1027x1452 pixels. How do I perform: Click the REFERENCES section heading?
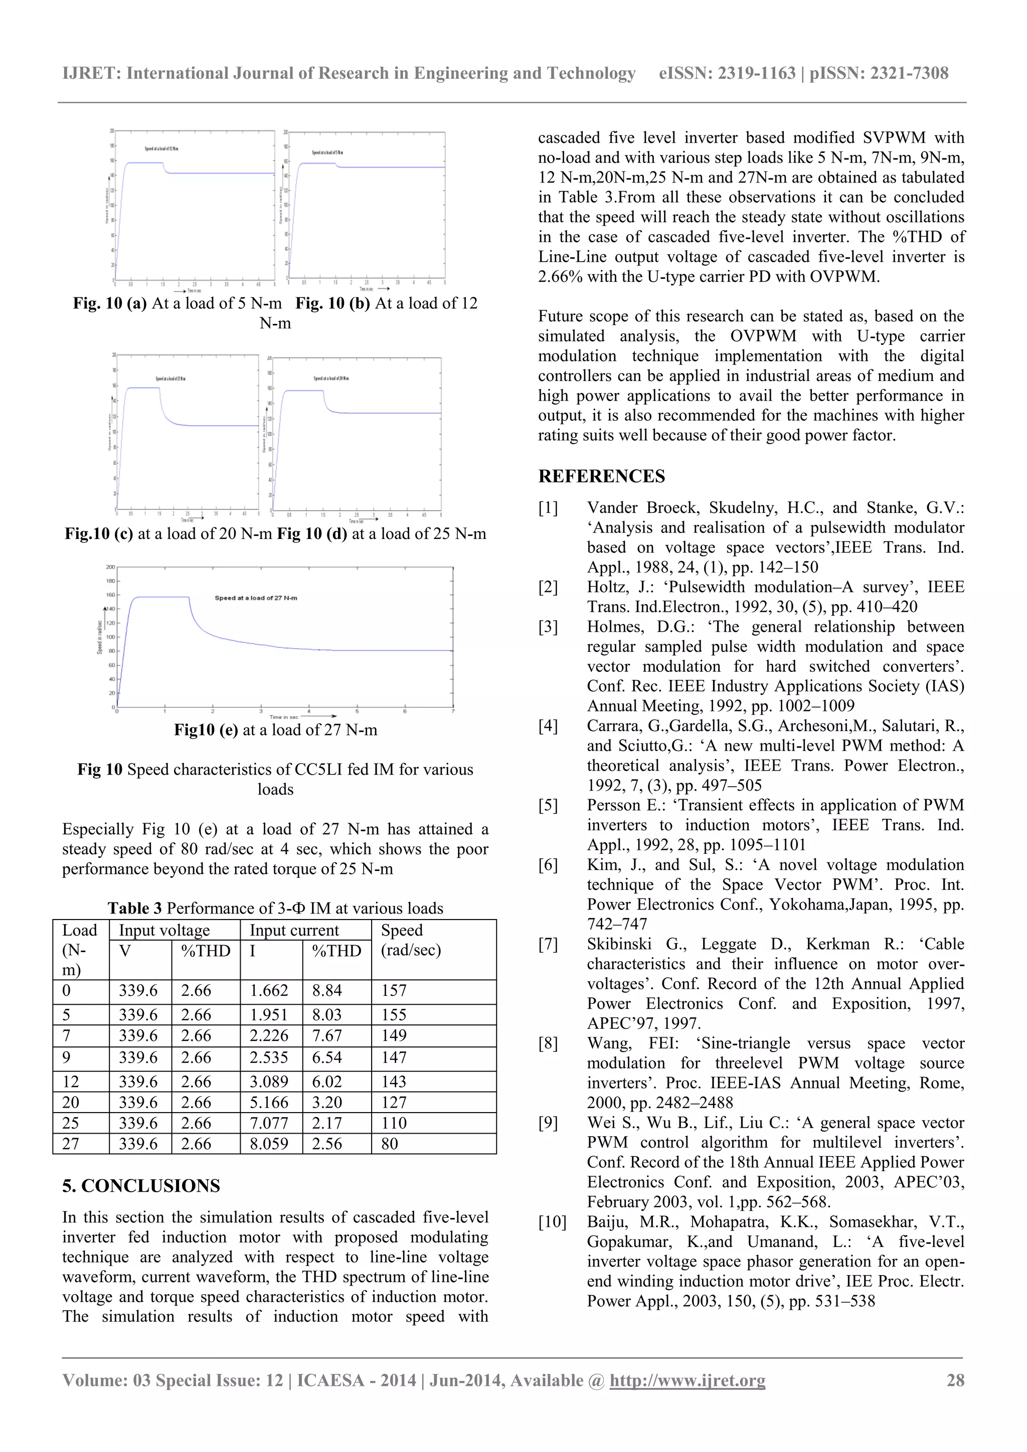point(601,476)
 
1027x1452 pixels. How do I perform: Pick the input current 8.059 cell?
point(269,1143)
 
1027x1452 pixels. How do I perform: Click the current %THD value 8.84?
point(327,990)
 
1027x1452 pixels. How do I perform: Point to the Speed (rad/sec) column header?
point(410,941)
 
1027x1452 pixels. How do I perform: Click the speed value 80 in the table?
point(390,1143)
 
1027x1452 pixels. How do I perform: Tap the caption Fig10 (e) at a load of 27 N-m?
point(276,730)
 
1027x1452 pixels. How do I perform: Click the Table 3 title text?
point(275,908)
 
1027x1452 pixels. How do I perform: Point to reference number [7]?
point(548,944)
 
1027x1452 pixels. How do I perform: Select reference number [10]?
point(552,1222)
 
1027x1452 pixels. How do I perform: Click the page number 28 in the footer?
point(955,1380)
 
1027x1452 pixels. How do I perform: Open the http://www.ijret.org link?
point(687,1380)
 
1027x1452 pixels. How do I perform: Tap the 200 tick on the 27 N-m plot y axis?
point(110,567)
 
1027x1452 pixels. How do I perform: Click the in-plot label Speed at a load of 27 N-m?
point(255,598)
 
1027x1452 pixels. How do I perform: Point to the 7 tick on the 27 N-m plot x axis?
point(453,711)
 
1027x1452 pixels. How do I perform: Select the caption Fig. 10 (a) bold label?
point(109,303)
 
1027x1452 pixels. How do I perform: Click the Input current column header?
point(294,930)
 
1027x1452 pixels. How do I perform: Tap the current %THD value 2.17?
point(327,1123)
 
